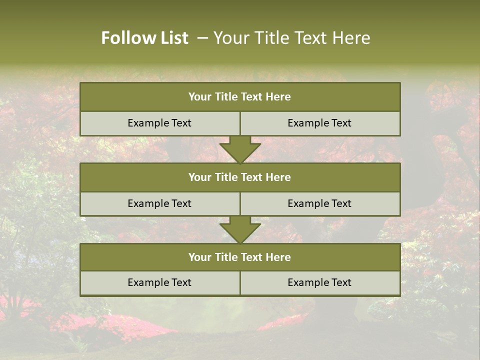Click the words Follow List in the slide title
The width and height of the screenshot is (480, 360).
tap(145, 38)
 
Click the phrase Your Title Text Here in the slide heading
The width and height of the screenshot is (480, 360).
tap(292, 38)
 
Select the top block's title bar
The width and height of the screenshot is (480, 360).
tap(240, 97)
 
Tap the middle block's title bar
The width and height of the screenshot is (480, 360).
tap(240, 177)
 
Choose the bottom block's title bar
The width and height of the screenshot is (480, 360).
tap(240, 257)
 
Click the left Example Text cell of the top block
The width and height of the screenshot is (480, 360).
tap(159, 123)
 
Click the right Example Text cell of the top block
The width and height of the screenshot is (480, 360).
tap(319, 123)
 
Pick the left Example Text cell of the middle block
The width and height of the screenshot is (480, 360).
tap(159, 203)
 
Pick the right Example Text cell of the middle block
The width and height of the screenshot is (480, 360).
tap(319, 203)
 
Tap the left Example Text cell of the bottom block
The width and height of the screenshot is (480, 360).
tap(159, 282)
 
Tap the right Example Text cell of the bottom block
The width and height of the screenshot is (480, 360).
tap(319, 282)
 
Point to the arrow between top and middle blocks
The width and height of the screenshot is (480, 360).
tap(240, 149)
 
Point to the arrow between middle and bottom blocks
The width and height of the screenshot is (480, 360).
tap(240, 229)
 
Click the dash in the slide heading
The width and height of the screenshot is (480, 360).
tap(202, 38)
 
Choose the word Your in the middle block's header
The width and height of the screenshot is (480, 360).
tap(199, 177)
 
